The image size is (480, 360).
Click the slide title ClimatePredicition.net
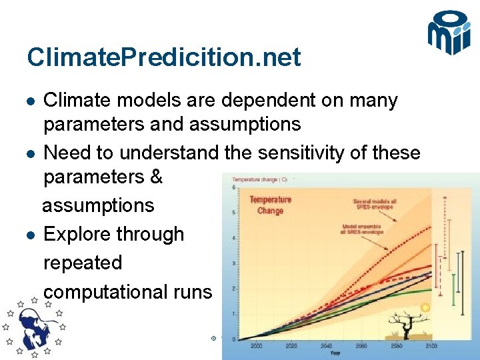tap(164, 57)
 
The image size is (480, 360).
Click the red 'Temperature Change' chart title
tap(270, 205)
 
